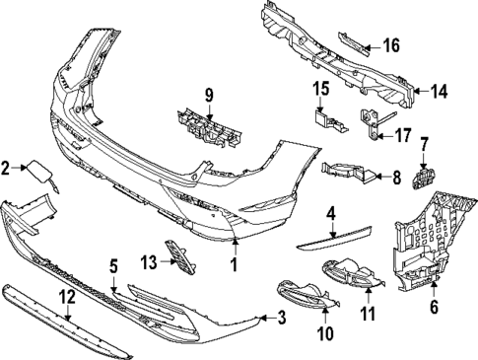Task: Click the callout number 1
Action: coord(235,265)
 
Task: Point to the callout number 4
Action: coord(332,212)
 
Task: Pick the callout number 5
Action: coord(113,265)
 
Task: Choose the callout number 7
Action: coord(425,146)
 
